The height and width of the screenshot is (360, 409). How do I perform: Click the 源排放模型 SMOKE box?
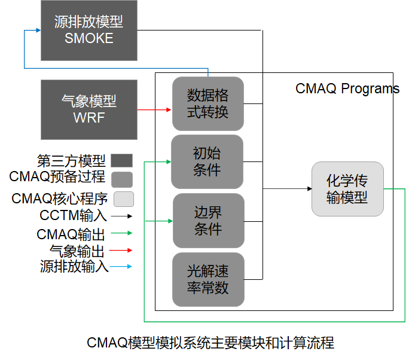[88, 30]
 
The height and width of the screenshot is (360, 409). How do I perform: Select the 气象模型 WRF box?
[88, 109]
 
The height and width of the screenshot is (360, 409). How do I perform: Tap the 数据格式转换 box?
[207, 103]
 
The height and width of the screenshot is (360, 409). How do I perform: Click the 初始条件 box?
[207, 161]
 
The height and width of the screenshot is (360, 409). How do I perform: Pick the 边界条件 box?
[208, 220]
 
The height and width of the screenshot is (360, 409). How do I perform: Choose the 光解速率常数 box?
[208, 279]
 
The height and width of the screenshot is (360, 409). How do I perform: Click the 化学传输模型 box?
[347, 189]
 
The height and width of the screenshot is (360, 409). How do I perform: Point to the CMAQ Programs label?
[347, 89]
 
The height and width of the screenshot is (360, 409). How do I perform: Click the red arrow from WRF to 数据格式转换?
[154, 109]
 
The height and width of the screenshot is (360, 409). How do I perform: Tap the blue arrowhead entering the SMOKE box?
[37, 30]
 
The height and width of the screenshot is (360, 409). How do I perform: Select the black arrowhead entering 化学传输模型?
[308, 189]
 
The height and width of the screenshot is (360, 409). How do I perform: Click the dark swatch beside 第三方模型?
[122, 160]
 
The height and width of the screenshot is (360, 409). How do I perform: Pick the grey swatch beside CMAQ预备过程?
[122, 179]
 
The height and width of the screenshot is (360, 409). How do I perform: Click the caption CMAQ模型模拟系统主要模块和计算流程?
[210, 343]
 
